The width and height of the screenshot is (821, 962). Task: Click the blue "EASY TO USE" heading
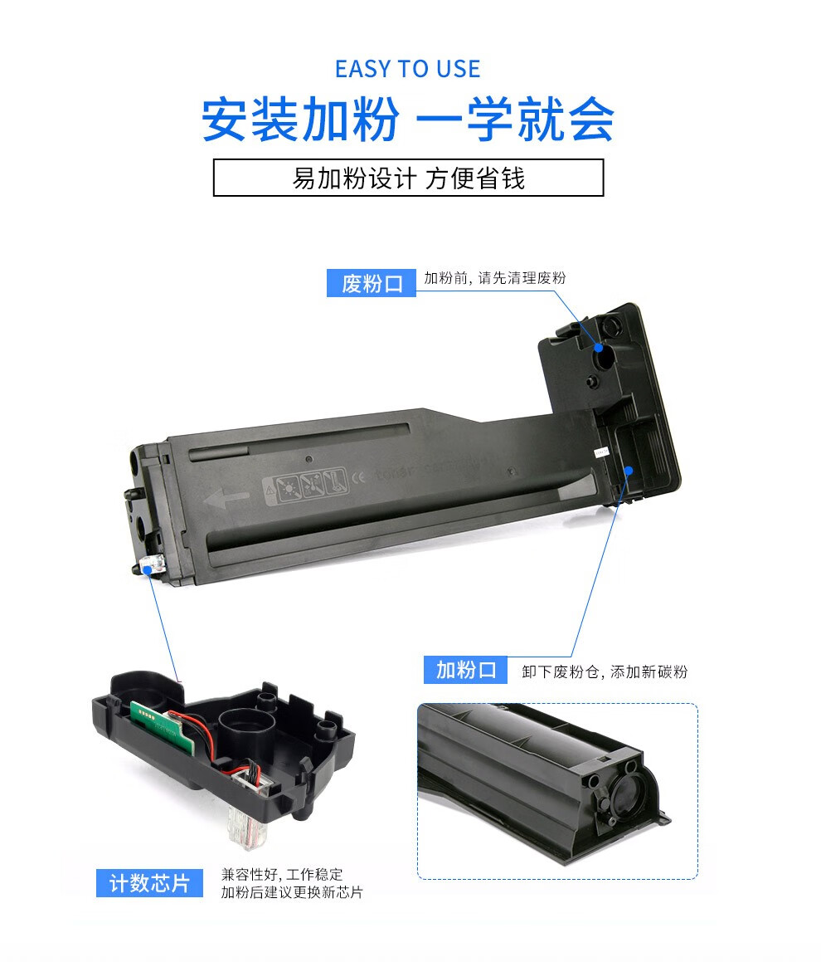coord(408,69)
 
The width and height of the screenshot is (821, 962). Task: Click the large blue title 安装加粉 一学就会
coord(408,119)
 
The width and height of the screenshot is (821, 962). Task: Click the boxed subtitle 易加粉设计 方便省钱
coord(408,178)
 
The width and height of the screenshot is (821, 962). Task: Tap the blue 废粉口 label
coord(371,283)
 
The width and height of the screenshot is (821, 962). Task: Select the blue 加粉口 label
coord(465,669)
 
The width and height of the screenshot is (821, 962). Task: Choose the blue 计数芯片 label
coord(149,883)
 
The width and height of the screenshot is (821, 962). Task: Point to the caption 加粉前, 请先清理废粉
coord(495,278)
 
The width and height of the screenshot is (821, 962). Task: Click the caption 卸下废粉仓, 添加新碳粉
coord(605,671)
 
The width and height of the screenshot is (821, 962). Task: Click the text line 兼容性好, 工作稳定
coord(282,874)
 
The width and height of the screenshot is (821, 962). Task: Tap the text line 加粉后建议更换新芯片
coord(292,892)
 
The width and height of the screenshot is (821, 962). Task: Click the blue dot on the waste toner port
coord(599,348)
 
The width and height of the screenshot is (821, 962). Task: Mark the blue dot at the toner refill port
coord(629,471)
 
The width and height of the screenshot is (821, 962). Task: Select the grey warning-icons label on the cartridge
coord(305,486)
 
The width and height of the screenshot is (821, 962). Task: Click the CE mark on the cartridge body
coord(359,476)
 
